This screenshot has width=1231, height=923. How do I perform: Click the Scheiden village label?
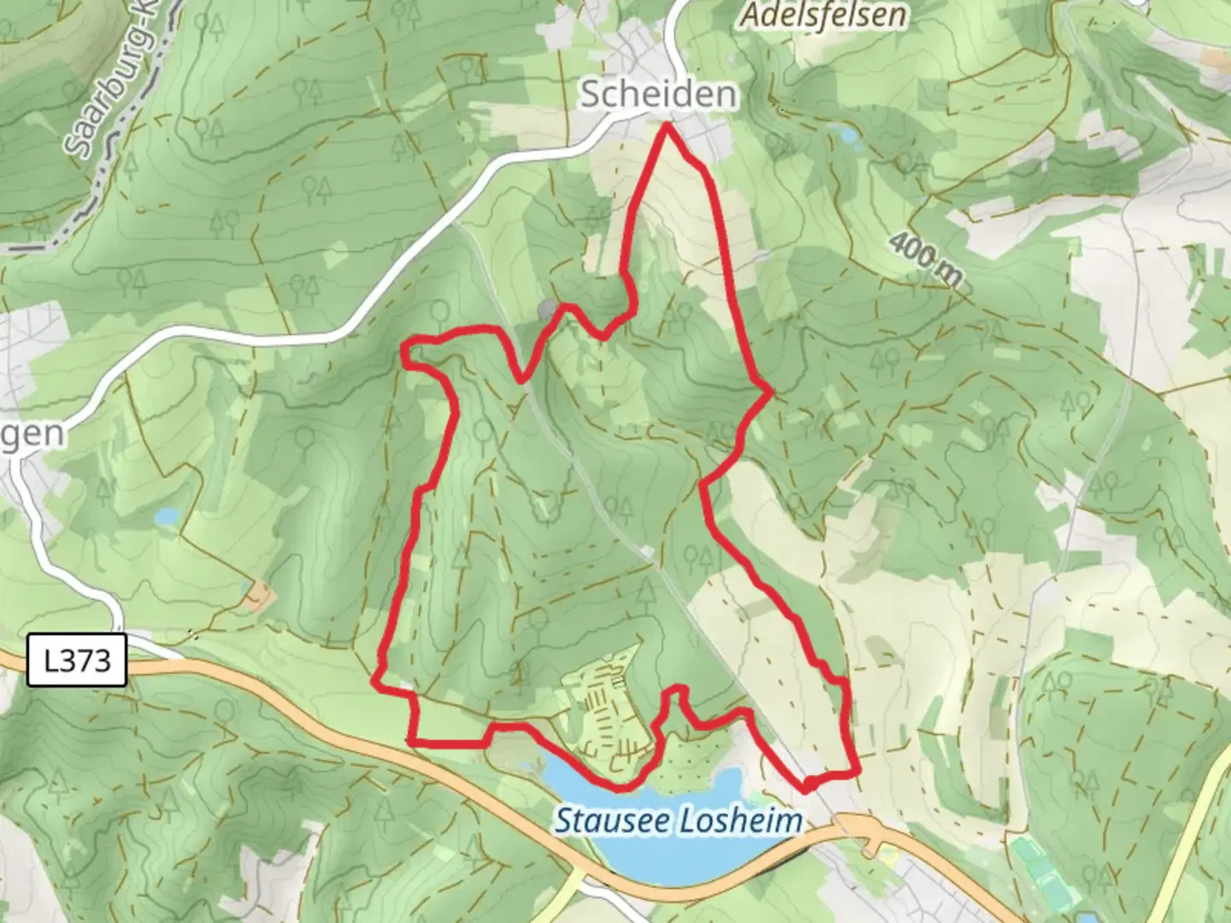point(657,94)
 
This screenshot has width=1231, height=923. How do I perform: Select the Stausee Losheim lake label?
point(679,821)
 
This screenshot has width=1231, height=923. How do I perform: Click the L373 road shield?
point(77,660)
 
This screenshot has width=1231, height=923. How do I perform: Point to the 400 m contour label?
point(926,258)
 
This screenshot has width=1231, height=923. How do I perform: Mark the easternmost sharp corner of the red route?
point(771,392)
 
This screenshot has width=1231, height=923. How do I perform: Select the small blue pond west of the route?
point(166,516)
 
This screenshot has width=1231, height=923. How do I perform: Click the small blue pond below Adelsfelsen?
point(847,135)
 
